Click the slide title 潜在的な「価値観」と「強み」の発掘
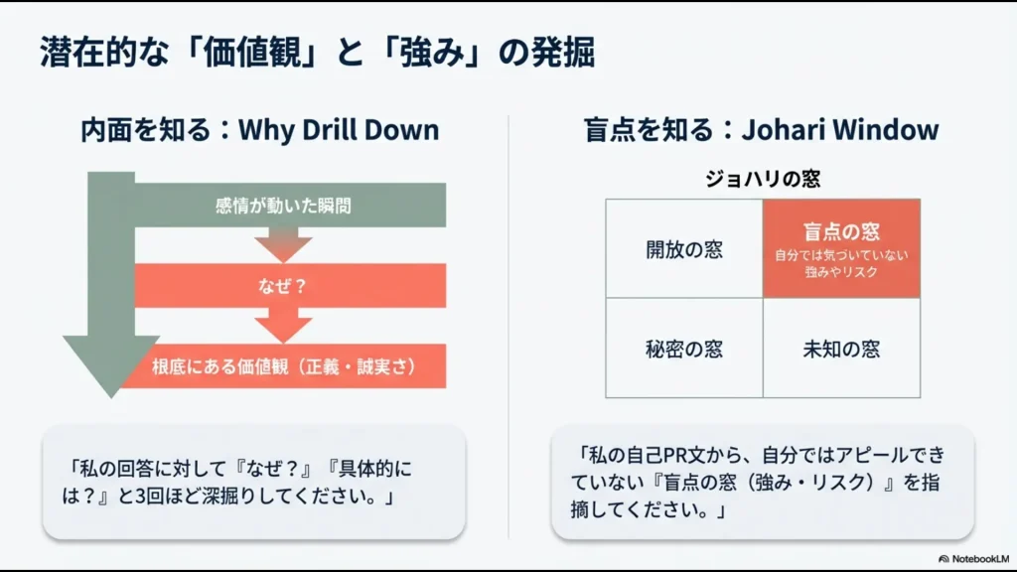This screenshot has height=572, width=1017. [318, 52]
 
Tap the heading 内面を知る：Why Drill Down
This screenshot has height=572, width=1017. [259, 130]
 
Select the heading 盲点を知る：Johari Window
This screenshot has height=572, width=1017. [761, 130]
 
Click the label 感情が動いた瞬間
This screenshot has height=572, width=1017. [283, 207]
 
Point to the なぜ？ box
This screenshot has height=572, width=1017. [283, 286]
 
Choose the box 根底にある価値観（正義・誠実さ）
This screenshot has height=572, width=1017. [283, 365]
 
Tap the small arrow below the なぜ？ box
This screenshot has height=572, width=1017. [283, 326]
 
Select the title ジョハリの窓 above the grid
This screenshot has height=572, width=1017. [762, 179]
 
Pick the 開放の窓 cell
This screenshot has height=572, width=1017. [684, 248]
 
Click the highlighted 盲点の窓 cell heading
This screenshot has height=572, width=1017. [841, 232]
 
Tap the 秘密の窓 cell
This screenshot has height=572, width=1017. [684, 349]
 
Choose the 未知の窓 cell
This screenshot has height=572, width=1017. [841, 349]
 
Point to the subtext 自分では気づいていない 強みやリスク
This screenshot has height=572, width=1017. [841, 263]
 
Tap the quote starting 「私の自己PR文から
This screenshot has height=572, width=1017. [762, 482]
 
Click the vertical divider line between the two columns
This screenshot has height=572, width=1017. [508, 328]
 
